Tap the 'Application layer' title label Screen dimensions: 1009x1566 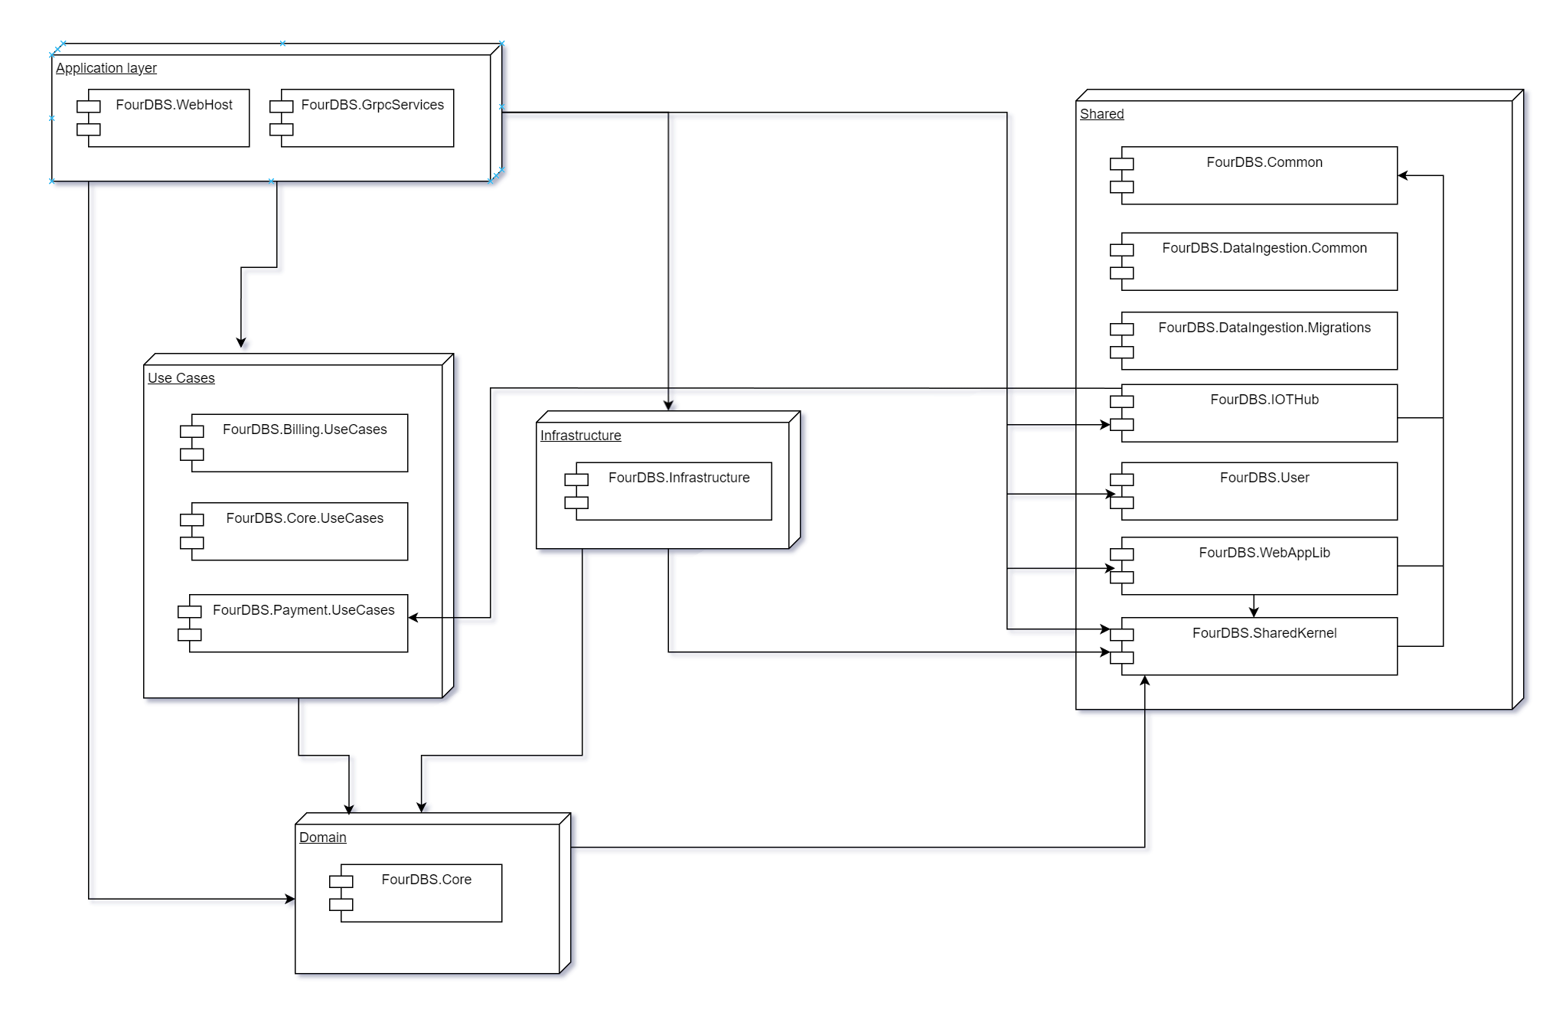(x=106, y=68)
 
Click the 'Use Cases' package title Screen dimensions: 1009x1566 (x=181, y=378)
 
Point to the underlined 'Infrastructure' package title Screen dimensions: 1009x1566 (x=580, y=436)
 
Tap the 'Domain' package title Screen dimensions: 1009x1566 (x=322, y=838)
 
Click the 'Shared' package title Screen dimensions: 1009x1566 (x=1101, y=114)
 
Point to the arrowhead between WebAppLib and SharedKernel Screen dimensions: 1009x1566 (x=1254, y=612)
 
